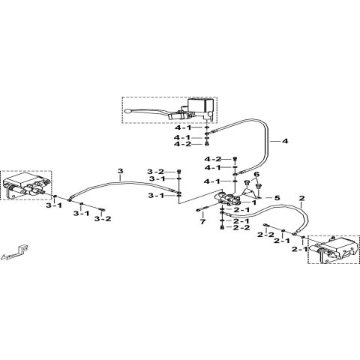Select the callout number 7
tap(202, 223)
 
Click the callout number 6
tap(256, 175)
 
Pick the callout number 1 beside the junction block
tap(253, 202)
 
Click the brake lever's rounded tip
tap(128, 112)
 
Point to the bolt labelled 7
tap(206, 208)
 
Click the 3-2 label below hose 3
tap(103, 219)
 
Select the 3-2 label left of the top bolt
tap(154, 172)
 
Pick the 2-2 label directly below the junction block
tap(241, 228)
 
